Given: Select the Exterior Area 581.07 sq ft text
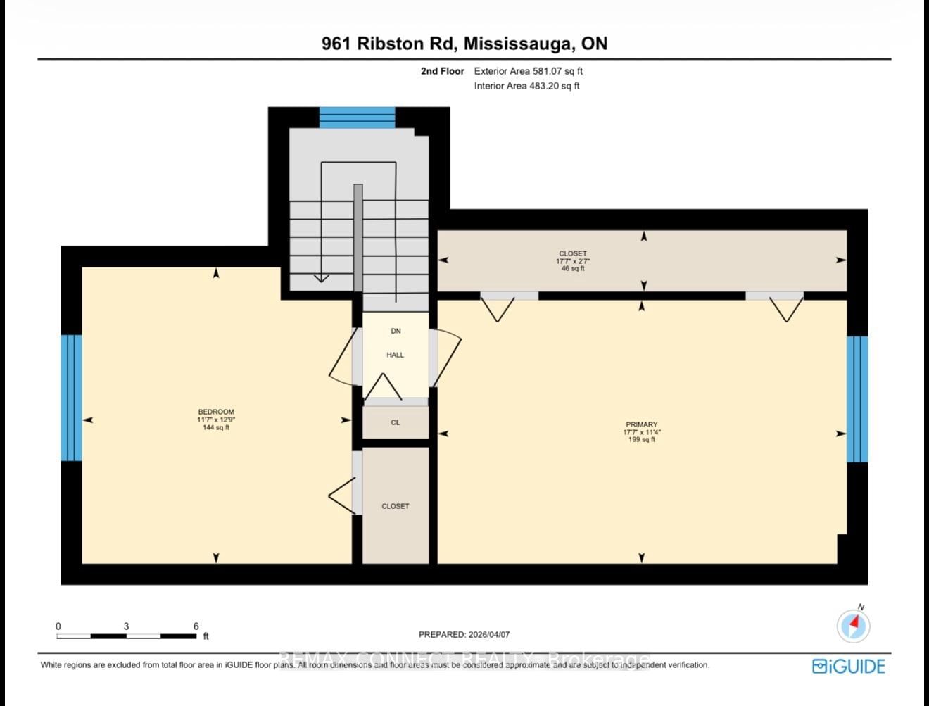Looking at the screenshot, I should pos(528,71).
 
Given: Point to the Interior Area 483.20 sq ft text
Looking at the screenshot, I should pos(526,86).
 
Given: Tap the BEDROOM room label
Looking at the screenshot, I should pos(216,412).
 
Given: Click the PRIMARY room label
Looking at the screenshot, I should pos(641,424).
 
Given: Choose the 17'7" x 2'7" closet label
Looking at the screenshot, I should pos(573,260).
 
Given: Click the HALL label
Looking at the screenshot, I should pos(396,355).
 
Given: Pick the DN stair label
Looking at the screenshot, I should pos(396,331).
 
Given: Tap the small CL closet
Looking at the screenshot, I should pos(396,422).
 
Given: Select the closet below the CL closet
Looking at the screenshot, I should pos(396,506).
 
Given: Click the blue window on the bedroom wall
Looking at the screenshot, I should pos(71,398).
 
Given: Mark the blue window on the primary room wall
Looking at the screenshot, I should pos(857,398).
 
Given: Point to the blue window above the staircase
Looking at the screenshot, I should pos(358,117).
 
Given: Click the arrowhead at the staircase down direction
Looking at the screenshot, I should pos(321,278).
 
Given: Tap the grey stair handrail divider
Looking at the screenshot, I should pos(358,237).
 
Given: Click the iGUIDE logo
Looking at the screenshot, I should pos(848,666).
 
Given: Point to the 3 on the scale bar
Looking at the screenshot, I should pos(126,626).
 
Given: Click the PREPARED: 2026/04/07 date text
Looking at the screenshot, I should pos(464,634).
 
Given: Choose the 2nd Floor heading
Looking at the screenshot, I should pos(443,71).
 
